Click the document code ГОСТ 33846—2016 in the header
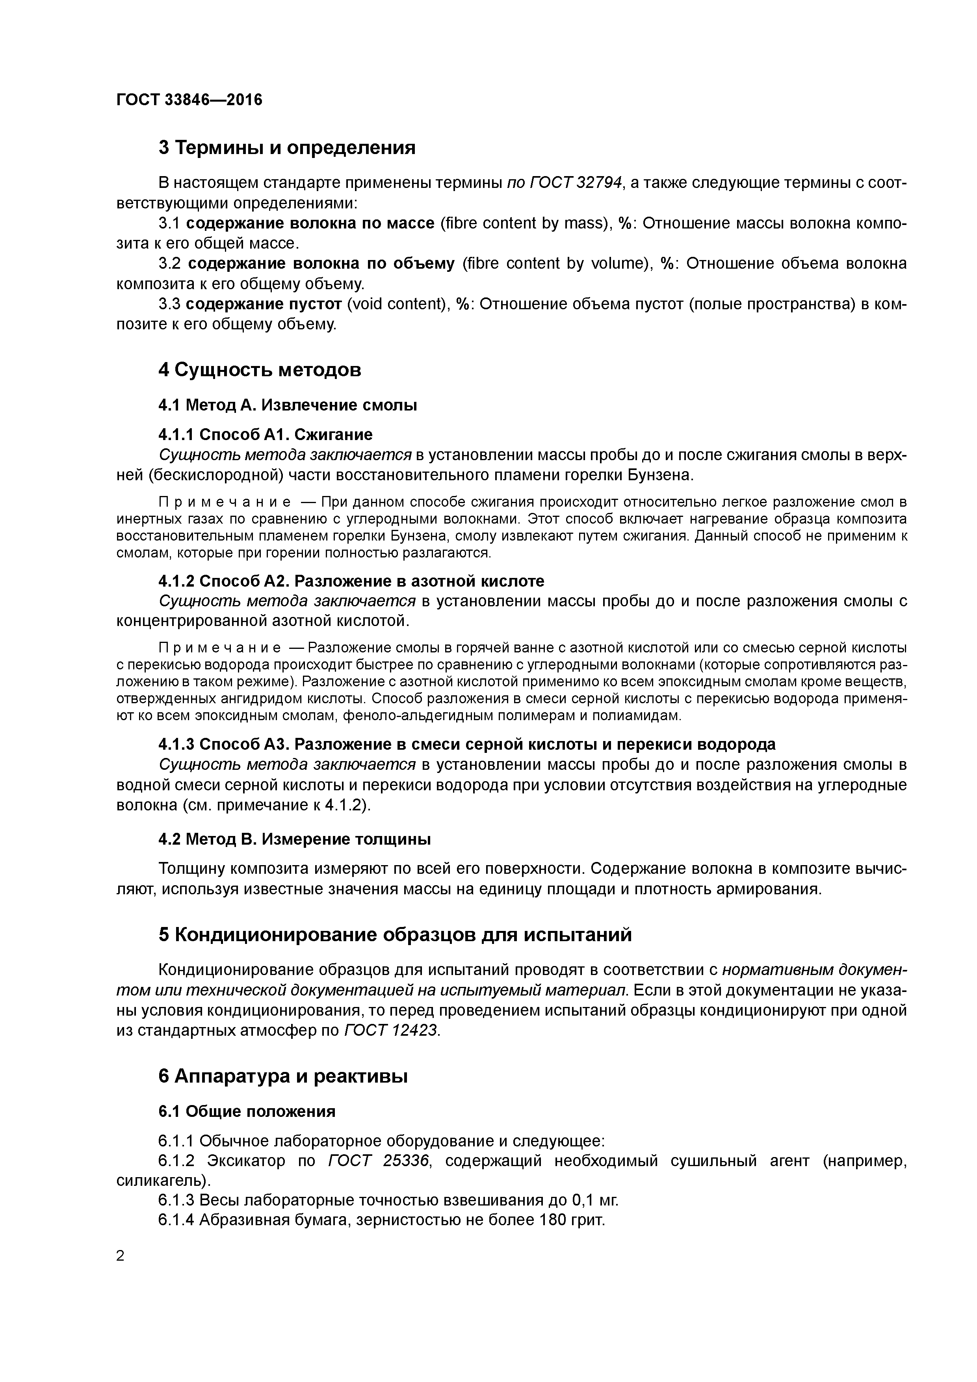pos(189,99)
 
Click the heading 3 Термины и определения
pos(286,147)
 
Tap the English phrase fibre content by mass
pos(524,223)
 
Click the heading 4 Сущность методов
pos(260,370)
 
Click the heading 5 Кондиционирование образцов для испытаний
pos(395,935)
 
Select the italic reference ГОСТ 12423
pos(391,1031)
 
